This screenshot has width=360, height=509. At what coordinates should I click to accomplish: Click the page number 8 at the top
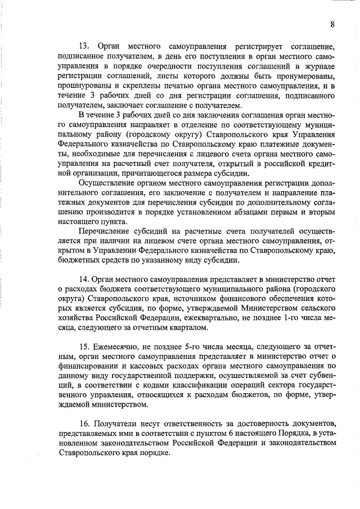point(332,24)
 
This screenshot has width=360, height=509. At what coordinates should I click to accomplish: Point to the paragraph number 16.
point(84,422)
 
